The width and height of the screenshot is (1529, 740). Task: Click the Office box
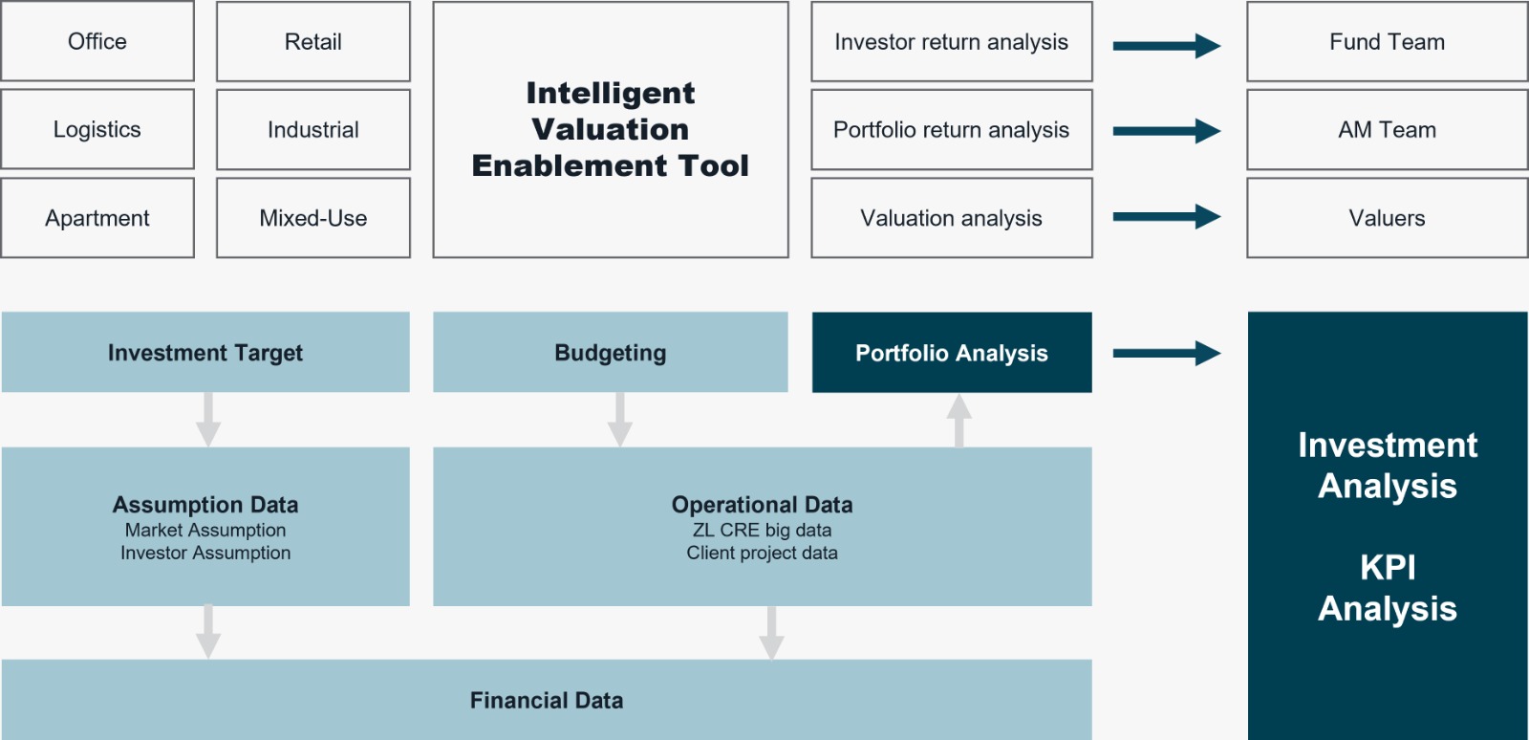tap(97, 41)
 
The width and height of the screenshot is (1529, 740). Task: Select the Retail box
tap(313, 41)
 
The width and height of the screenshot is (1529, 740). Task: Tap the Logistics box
tap(97, 129)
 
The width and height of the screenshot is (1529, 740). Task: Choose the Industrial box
tap(313, 129)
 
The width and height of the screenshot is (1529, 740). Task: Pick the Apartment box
tap(97, 218)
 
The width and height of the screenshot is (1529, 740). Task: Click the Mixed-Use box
tap(313, 218)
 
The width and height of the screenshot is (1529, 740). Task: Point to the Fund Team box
tap(1387, 41)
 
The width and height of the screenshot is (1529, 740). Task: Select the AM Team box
tap(1387, 129)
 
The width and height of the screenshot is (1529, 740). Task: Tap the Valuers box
tap(1387, 218)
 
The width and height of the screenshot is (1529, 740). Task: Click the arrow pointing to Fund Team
tap(1167, 46)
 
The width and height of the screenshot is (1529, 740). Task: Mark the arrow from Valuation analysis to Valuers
tap(1167, 217)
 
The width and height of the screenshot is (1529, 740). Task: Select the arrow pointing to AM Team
tap(1167, 131)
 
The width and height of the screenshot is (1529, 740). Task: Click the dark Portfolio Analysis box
tap(952, 352)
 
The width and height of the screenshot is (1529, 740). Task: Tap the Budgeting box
tap(611, 352)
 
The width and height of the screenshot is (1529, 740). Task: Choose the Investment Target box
tap(205, 352)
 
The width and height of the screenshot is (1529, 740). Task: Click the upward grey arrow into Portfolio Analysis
tap(959, 421)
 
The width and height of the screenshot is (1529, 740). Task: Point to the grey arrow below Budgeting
tap(620, 420)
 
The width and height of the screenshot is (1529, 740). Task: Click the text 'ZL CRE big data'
tap(762, 530)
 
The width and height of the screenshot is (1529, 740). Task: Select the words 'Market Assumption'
tap(205, 530)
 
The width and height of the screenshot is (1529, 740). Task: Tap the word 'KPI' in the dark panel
tap(1388, 567)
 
